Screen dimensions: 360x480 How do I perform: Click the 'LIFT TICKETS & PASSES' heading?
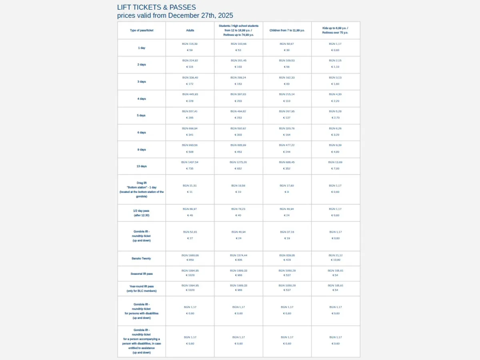pos(156,7)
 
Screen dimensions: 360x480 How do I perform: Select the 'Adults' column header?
pos(190,30)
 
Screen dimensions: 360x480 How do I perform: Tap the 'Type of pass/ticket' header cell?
pos(142,30)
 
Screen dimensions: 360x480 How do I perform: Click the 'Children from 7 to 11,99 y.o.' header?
pos(287,30)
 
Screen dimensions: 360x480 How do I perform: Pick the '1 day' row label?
pos(142,48)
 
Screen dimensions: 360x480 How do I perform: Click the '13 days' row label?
pos(142,166)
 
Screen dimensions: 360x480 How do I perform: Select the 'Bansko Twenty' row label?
pos(142,258)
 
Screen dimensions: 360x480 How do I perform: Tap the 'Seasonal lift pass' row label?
pos(142,274)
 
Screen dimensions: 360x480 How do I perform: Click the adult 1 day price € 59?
pos(190,50)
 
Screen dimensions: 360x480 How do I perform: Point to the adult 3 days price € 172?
pos(190,84)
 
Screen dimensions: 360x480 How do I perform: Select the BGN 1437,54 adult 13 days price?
pos(190,162)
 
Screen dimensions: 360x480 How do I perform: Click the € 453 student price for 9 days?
pos(238,152)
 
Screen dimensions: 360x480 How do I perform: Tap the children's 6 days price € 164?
pos(287,135)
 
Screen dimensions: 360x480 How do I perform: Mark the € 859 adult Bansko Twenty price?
pos(190,260)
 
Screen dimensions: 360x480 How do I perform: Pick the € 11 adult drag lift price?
pos(190,192)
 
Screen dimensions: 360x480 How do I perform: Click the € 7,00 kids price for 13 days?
pos(336,169)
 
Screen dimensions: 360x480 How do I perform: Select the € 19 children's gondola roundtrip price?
pos(287,238)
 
